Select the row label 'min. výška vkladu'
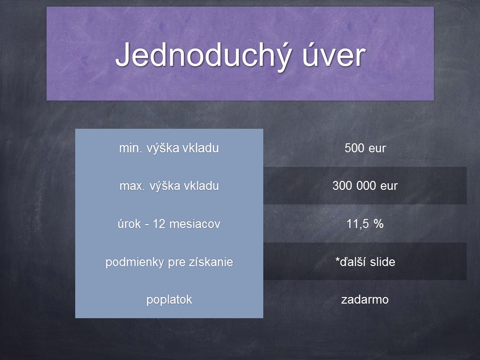point(169,149)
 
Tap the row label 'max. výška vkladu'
point(169,186)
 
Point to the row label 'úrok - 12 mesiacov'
point(169,224)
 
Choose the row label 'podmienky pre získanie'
point(169,262)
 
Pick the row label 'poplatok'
point(169,300)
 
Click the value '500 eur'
point(365,148)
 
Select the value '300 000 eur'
point(365,186)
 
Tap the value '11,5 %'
point(365,224)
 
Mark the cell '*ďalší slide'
point(365,262)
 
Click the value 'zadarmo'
point(365,299)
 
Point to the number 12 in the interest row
point(159,224)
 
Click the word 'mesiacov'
point(195,224)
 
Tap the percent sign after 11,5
point(378,224)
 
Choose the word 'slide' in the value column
point(382,262)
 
